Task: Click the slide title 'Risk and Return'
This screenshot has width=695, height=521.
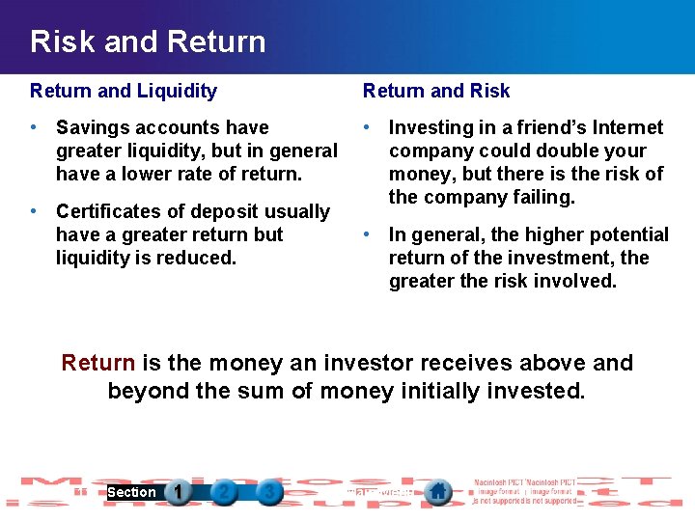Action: click(148, 41)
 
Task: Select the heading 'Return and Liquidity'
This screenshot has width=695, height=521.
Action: click(124, 91)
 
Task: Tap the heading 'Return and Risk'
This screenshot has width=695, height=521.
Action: click(436, 91)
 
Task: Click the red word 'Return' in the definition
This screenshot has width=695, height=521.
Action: click(97, 363)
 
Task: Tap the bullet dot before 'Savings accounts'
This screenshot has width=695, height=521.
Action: click(35, 127)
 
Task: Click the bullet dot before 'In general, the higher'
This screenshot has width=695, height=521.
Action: click(368, 234)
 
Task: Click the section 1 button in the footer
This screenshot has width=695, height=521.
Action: click(178, 492)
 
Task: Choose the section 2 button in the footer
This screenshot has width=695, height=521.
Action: click(224, 492)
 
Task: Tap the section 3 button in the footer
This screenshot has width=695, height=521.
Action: click(269, 492)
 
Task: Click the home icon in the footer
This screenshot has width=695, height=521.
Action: click(437, 491)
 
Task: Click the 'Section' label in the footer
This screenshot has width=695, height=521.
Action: click(131, 492)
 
